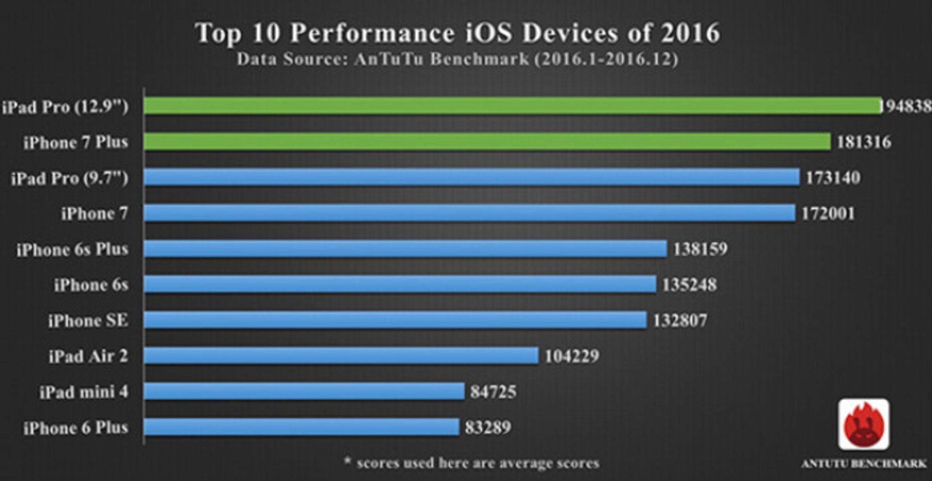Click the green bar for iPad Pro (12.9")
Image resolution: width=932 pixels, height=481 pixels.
click(x=512, y=105)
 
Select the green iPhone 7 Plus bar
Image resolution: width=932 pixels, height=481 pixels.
click(x=487, y=141)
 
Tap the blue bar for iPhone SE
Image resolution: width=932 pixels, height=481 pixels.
click(x=395, y=320)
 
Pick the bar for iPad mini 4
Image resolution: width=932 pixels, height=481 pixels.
click(x=304, y=391)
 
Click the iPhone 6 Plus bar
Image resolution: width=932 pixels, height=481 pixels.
click(x=301, y=427)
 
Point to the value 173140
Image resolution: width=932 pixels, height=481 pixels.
click(x=833, y=177)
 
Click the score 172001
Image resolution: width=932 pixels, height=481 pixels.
click(x=828, y=213)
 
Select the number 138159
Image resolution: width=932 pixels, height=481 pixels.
click(x=700, y=249)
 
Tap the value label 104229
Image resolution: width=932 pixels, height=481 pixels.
click(x=572, y=356)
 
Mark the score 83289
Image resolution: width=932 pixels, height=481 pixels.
click(x=488, y=427)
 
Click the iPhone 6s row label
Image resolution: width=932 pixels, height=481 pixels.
click(x=91, y=284)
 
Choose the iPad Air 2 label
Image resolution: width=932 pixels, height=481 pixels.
click(x=88, y=356)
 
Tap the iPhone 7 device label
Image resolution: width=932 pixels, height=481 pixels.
click(x=94, y=213)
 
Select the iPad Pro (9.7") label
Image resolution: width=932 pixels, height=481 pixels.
click(x=69, y=178)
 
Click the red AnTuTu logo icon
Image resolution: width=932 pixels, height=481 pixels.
click(x=864, y=424)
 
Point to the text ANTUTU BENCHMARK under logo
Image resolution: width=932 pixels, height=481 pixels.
click(x=864, y=464)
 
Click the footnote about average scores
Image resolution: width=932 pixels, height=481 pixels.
click(x=471, y=463)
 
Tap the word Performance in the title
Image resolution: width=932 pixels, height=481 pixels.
click(x=372, y=33)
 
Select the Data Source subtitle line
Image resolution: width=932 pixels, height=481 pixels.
click(x=457, y=59)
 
